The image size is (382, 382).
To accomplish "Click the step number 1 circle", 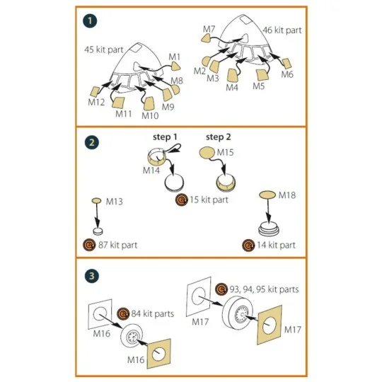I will (88, 21).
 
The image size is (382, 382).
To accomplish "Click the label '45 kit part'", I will (102, 50).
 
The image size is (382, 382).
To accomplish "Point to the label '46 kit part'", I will (282, 30).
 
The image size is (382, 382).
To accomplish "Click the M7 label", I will (209, 30).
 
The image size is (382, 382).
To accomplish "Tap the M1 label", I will (175, 56).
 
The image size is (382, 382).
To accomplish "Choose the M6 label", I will (287, 74).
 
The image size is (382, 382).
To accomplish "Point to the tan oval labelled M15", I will (205, 154).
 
